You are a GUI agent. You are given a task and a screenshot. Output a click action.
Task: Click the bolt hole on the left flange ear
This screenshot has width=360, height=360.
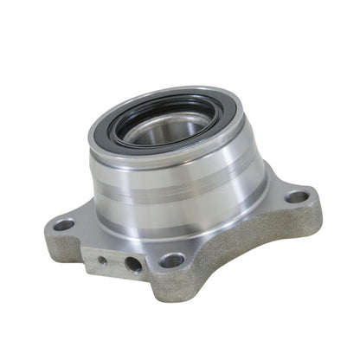coord(64,225)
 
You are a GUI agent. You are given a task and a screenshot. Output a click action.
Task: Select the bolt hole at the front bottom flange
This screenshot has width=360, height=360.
coord(171,260)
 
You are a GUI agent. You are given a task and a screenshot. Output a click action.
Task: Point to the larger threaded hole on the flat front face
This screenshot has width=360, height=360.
coord(133,264)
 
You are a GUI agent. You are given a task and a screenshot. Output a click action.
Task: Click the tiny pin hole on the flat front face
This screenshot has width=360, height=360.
coord(103,258)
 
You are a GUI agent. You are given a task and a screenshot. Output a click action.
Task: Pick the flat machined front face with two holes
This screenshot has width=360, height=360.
coord(117,260)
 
